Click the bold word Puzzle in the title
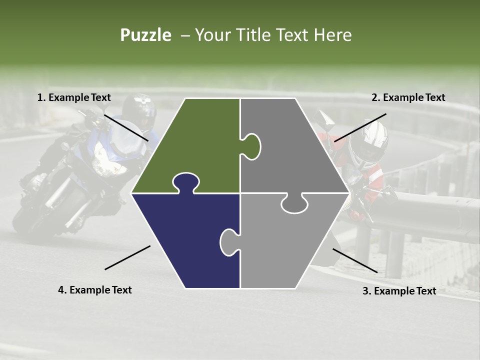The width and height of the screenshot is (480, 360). [x=145, y=35]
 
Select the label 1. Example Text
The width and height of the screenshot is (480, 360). [x=74, y=97]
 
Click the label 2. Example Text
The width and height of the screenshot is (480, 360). [x=408, y=97]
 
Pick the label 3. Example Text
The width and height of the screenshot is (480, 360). [x=399, y=291]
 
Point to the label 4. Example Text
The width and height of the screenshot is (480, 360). [x=95, y=290]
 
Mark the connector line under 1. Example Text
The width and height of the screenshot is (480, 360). [x=126, y=128]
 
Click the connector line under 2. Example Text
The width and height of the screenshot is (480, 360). [x=360, y=127]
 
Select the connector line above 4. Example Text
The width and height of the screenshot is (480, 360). [x=127, y=257]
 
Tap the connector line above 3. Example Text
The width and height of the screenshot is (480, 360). [x=355, y=260]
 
